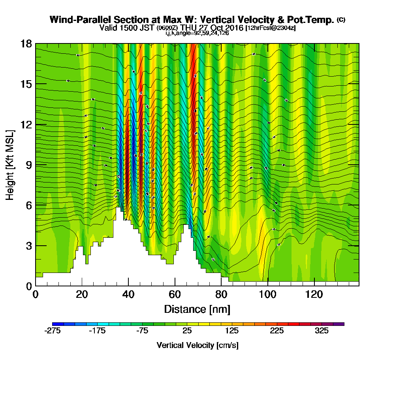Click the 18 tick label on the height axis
(x=26, y=44)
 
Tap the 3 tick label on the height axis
(x=29, y=246)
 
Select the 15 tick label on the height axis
(x=26, y=84)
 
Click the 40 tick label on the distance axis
(x=128, y=295)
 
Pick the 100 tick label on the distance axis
(x=267, y=295)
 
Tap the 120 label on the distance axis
(x=314, y=295)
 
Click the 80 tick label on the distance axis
(x=221, y=295)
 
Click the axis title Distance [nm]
(x=197, y=308)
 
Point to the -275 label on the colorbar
(x=53, y=331)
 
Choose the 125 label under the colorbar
(x=232, y=331)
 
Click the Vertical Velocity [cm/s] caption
(x=197, y=345)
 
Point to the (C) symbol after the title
(x=341, y=19)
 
